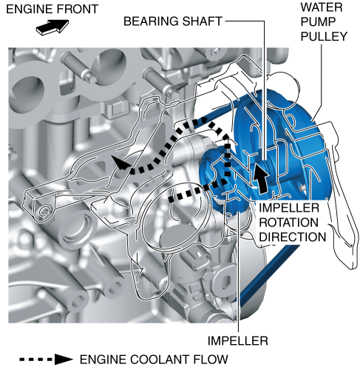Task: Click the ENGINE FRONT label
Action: click(52, 10)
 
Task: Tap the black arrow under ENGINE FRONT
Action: click(52, 27)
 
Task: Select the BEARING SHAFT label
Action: click(173, 21)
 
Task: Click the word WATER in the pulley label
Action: click(322, 7)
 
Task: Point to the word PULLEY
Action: click(324, 36)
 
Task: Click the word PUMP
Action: click(318, 22)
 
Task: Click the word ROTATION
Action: click(288, 223)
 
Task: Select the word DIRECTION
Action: click(293, 237)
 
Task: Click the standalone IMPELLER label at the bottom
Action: click(237, 341)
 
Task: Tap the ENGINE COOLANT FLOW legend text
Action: click(154, 360)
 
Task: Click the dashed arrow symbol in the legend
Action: click(46, 360)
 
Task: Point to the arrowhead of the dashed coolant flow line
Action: click(120, 163)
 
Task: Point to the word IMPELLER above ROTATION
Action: click(289, 208)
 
